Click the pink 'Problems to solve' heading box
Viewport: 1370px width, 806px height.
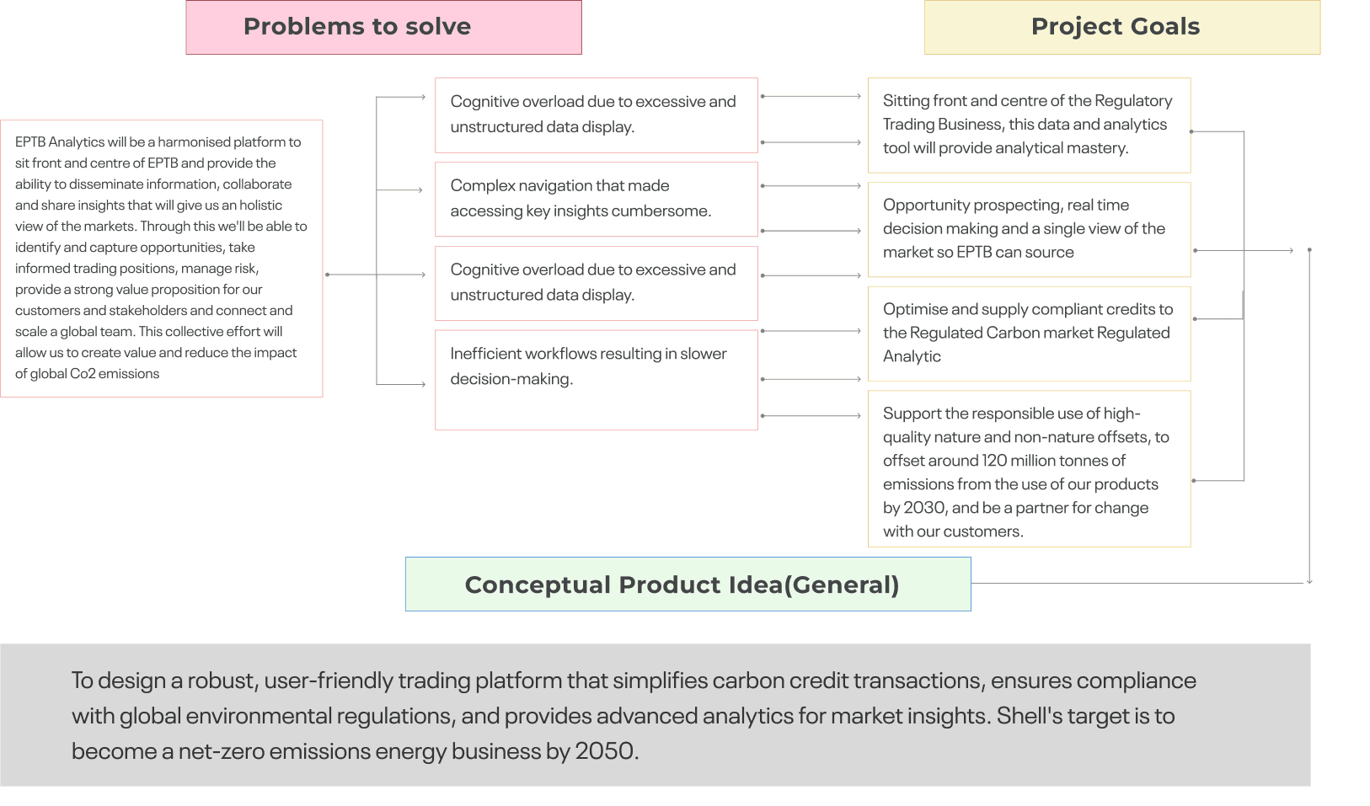383,28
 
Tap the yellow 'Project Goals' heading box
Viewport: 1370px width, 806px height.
1121,28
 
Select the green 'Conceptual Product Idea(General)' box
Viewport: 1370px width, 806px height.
688,584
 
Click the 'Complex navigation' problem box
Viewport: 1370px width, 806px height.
597,199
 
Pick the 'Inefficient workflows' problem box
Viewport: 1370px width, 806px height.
597,380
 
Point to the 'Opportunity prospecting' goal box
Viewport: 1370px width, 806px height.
1030,229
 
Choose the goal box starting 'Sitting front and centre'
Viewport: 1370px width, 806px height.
1030,125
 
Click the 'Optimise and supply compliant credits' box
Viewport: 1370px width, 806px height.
1030,334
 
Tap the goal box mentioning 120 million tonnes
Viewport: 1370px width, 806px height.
1030,468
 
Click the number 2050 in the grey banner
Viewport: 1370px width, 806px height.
606,751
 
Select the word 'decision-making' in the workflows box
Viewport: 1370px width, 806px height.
511,379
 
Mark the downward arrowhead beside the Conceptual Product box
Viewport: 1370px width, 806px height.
1308,580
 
